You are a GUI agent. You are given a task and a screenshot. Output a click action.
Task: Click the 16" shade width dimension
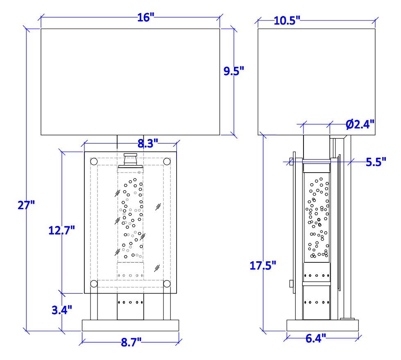click(x=146, y=17)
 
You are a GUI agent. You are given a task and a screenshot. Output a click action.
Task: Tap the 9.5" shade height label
click(x=234, y=71)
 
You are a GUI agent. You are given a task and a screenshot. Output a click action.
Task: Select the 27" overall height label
click(x=26, y=205)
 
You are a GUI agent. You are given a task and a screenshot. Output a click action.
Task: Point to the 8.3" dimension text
click(x=148, y=144)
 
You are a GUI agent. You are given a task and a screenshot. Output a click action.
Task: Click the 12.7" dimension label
click(x=61, y=230)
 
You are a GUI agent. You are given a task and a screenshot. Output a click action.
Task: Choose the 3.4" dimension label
click(x=62, y=310)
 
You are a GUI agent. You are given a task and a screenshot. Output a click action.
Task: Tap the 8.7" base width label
click(x=131, y=342)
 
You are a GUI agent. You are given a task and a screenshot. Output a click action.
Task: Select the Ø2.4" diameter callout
click(x=360, y=124)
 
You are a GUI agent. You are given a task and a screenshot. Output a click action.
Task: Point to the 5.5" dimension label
click(x=376, y=162)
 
